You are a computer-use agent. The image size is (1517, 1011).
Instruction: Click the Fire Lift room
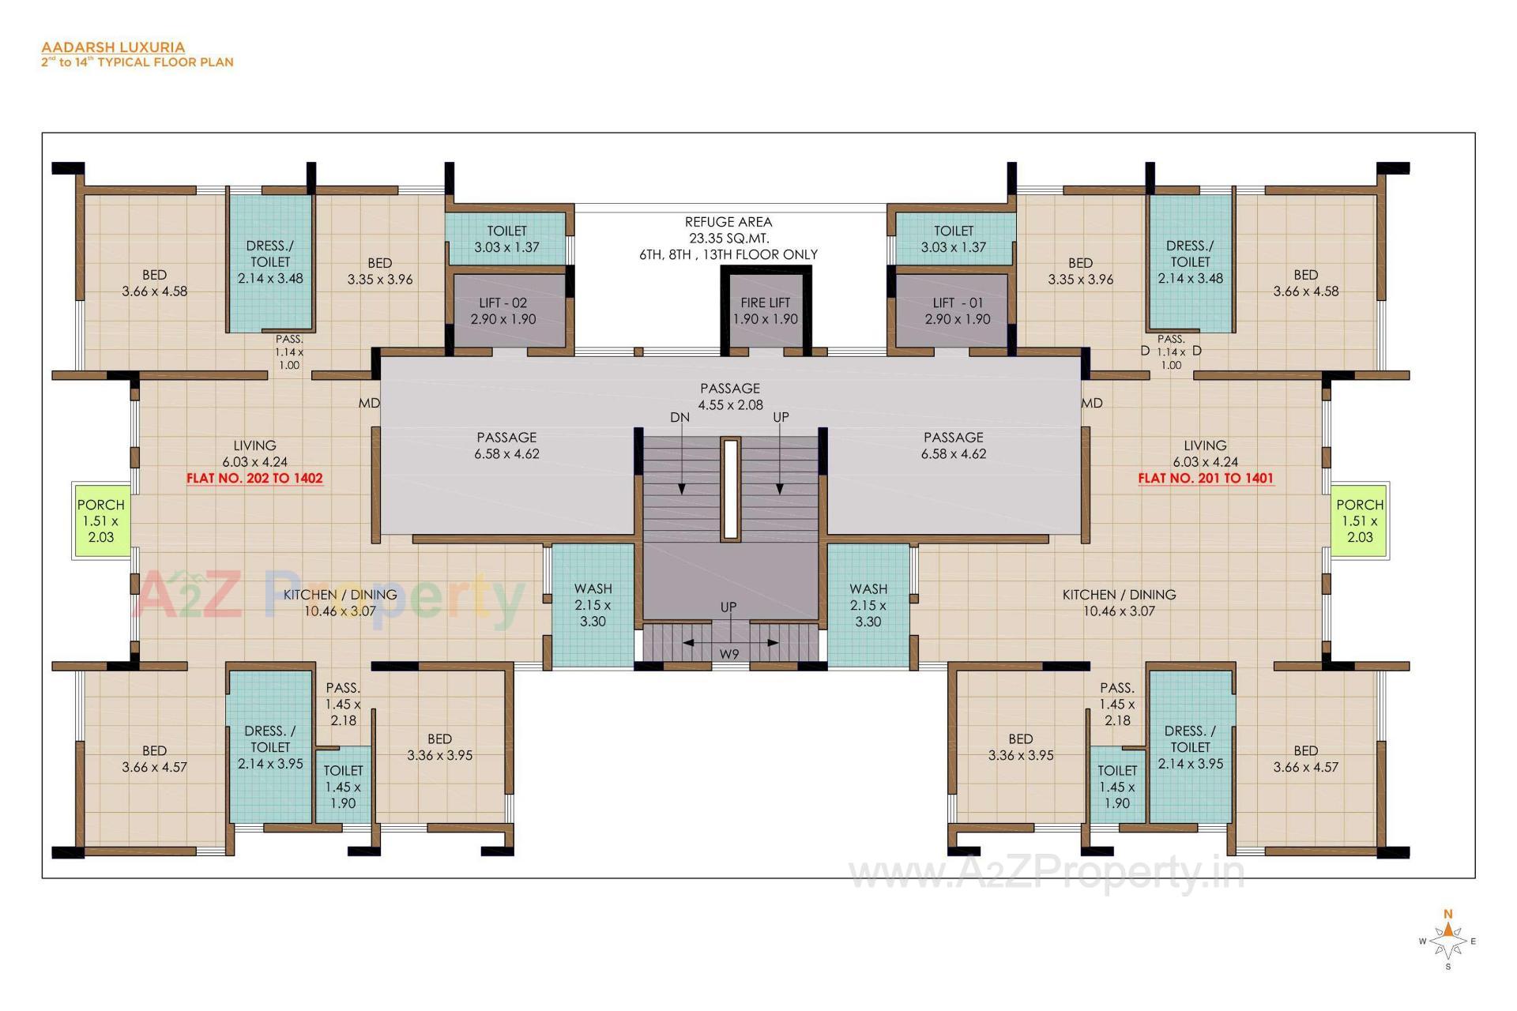point(765,311)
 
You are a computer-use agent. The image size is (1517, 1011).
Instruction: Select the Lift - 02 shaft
point(503,311)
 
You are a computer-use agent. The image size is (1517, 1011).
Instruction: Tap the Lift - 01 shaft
point(957,311)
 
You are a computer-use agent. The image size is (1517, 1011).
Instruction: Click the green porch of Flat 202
point(100,521)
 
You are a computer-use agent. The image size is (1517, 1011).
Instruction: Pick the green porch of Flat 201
point(1359,521)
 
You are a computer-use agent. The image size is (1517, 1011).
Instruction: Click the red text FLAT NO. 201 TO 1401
point(1205,478)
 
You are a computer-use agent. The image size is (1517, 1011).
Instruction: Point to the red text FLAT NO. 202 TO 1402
point(254,478)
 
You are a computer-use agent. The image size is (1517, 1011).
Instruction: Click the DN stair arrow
point(681,466)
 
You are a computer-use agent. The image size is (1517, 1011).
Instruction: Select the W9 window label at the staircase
point(728,654)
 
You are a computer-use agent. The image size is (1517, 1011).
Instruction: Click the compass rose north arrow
point(1447,927)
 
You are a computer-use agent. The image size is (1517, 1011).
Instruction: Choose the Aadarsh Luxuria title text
point(113,47)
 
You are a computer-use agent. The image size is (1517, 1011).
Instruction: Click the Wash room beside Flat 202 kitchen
point(593,605)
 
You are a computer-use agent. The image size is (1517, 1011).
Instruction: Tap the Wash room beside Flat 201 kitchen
point(868,605)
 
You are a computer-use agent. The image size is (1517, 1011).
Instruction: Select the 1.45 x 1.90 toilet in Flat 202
point(343,786)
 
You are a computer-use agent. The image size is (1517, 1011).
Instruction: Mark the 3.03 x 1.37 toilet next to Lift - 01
point(953,239)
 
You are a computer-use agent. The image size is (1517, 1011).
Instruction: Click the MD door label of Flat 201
point(1092,403)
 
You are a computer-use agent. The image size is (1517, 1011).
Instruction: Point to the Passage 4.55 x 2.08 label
point(729,397)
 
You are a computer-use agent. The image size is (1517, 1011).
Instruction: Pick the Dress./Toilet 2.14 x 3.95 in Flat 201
point(1190,747)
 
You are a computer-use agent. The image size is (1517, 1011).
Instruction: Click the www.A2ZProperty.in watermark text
point(1046,873)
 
